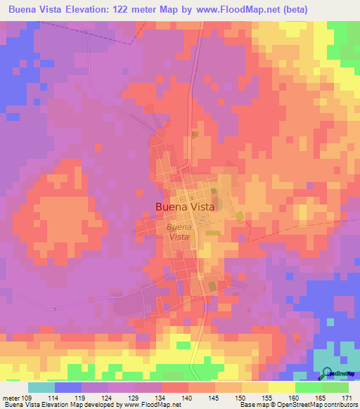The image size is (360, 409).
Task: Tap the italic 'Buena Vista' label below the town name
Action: (x=179, y=232)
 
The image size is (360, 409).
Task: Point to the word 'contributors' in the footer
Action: (x=337, y=405)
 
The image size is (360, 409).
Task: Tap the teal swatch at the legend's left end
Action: (x=41, y=387)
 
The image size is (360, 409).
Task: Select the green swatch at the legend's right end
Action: (x=335, y=387)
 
